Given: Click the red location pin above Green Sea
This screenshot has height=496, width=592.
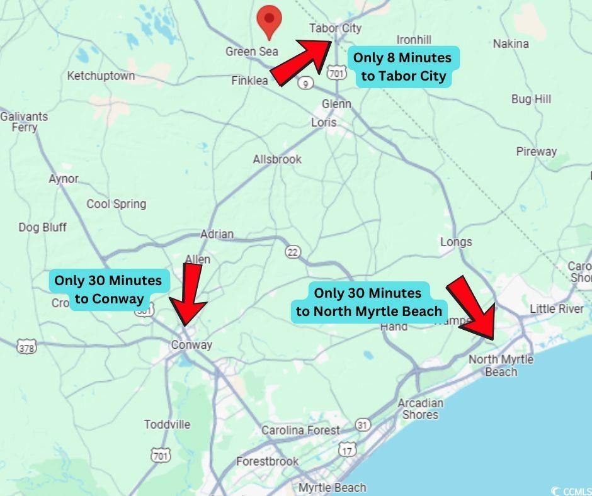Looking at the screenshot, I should [x=270, y=21].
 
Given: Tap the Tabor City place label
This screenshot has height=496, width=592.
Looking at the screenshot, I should [x=335, y=28].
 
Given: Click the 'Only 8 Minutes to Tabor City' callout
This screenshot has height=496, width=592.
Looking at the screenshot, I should [x=402, y=67].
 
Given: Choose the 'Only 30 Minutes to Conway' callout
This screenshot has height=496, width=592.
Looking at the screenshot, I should [x=108, y=290].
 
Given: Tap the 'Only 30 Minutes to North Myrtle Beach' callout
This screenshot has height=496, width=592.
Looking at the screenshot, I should [x=368, y=302].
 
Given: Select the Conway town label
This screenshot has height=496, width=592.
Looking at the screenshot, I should [x=191, y=345].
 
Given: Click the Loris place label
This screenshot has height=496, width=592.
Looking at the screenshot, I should [x=324, y=123].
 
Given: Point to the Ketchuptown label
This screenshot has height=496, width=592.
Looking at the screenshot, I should [x=101, y=76].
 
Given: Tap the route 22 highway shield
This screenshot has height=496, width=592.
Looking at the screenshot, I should [x=292, y=252].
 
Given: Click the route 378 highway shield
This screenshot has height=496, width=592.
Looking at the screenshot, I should [x=27, y=347].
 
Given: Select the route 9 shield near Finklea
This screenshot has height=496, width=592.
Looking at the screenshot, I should [x=305, y=83].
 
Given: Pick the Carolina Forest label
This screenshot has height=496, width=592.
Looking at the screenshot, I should [x=300, y=431].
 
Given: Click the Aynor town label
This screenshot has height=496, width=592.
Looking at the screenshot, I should [x=64, y=179].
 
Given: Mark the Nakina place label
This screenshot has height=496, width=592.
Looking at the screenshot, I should [x=510, y=44].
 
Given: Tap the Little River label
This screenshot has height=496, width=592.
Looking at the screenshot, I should [x=556, y=308].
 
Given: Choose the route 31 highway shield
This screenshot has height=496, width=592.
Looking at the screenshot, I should [x=362, y=425].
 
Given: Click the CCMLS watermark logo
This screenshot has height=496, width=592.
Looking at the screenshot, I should [x=569, y=490].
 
